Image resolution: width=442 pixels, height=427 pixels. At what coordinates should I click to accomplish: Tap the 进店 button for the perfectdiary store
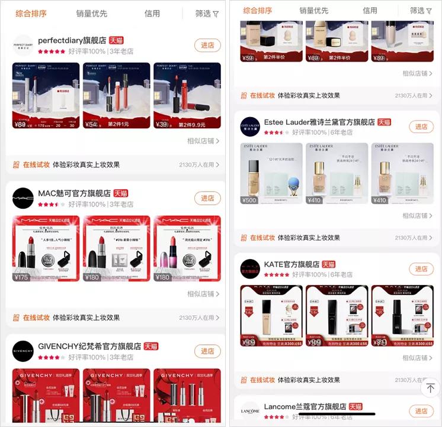point(207,46)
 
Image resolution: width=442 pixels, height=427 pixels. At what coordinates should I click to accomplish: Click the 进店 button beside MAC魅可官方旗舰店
point(207,198)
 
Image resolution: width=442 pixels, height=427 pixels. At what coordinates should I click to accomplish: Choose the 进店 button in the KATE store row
point(421,269)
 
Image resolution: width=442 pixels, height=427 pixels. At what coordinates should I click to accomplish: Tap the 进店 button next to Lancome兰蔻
point(421,411)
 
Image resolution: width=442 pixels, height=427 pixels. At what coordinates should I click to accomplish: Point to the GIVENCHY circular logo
point(23,351)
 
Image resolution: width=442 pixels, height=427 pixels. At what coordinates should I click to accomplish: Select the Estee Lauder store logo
point(250,127)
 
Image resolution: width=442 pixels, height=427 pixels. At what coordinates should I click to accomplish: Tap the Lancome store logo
point(250,412)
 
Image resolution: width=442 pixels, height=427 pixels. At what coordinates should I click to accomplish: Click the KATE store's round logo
point(250,269)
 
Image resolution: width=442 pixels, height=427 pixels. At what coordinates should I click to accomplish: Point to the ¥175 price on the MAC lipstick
point(21,277)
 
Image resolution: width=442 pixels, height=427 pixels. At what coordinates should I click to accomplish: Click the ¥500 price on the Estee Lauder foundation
point(249,200)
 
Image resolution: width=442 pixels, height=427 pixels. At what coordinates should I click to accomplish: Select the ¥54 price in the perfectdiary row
point(91,124)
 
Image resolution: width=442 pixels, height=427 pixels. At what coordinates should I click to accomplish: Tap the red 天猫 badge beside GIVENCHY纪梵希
point(151,346)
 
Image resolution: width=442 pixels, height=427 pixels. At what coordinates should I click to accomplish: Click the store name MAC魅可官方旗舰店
point(74,193)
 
